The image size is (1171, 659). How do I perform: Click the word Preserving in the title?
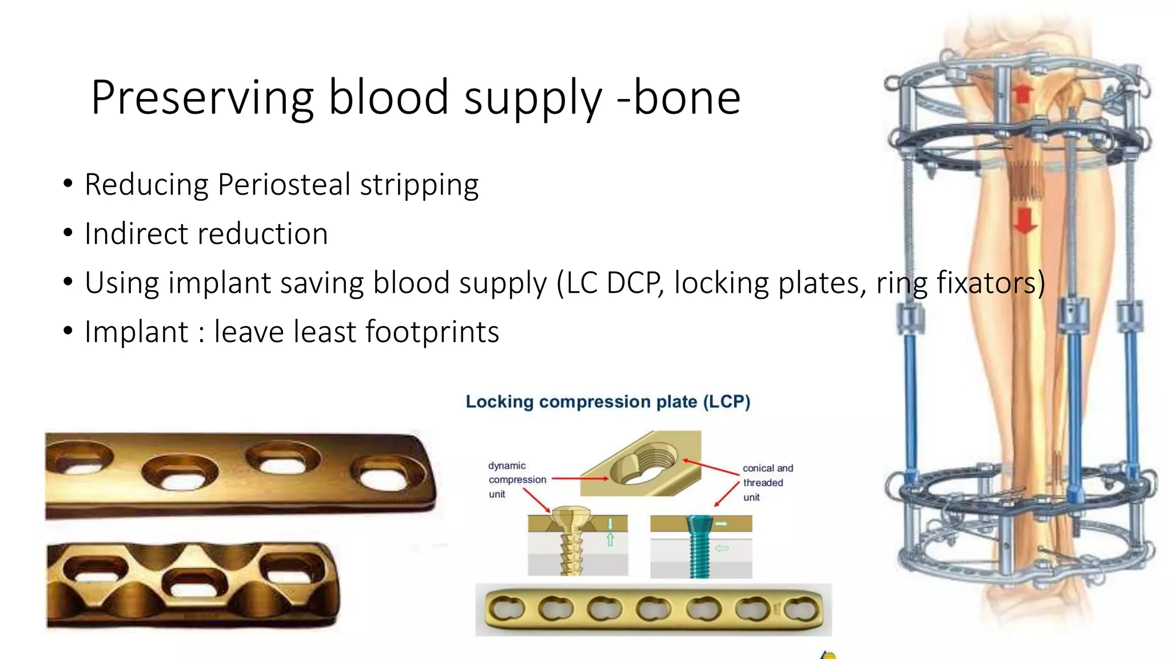tap(202, 98)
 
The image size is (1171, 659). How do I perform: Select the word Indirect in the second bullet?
tap(136, 234)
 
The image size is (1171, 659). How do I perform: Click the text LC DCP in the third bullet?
tap(610, 283)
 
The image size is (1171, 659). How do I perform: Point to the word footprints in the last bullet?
tap(432, 332)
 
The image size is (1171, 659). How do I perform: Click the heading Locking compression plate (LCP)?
tap(608, 402)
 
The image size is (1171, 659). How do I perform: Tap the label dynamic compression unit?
tap(516, 479)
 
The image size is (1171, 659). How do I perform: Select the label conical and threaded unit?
tap(767, 482)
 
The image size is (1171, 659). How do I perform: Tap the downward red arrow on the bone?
tap(1025, 220)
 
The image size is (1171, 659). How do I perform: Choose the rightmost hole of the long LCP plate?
tap(801, 609)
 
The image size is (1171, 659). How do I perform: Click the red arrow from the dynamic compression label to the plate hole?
tap(579, 478)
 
